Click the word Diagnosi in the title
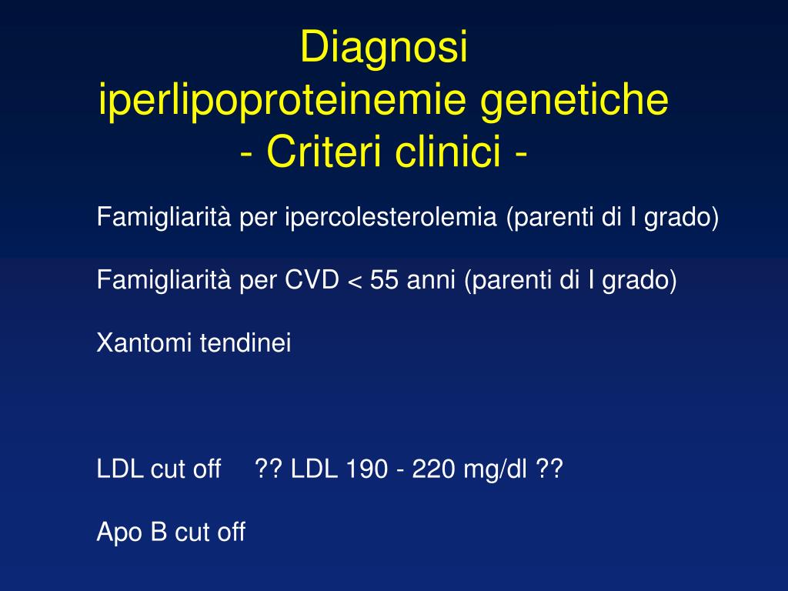point(384,48)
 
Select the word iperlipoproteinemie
point(283,101)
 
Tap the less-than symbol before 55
point(355,282)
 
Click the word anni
point(431,281)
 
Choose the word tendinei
point(246,343)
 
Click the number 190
point(366,469)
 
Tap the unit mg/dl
point(496,469)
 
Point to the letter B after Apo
point(159,532)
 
